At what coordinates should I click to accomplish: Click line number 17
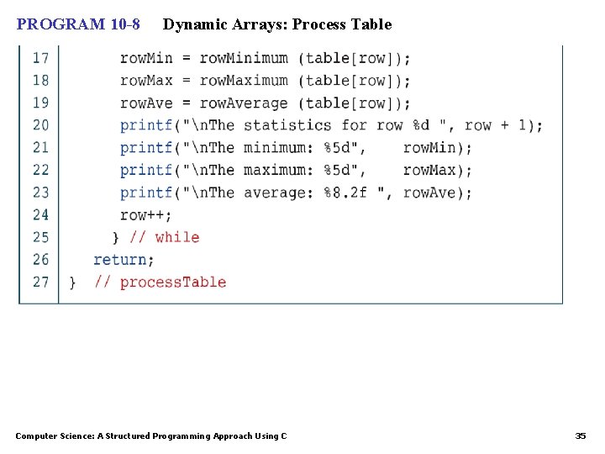click(40, 58)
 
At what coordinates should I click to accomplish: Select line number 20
click(40, 125)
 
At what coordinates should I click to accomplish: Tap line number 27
click(40, 282)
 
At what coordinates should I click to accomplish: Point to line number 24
click(40, 214)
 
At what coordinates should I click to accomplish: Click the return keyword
click(120, 260)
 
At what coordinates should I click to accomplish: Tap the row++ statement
click(145, 214)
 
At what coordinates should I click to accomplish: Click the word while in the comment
click(177, 237)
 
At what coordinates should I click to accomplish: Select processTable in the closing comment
click(173, 282)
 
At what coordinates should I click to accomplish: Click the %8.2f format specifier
click(345, 193)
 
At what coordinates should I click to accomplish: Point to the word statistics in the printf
click(287, 125)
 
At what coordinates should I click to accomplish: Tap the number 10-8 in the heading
click(125, 24)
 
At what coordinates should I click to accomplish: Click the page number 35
click(581, 436)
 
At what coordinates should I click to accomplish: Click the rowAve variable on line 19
click(146, 103)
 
